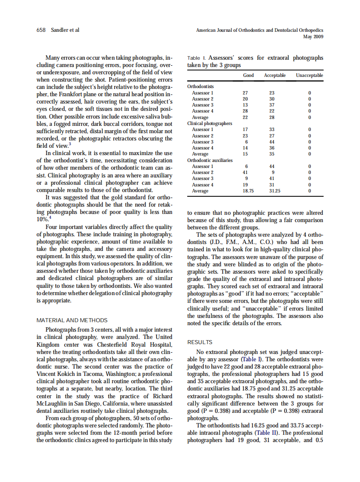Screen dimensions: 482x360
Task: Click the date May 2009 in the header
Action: coord(313,37)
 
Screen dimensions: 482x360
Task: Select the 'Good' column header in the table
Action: coord(248,75)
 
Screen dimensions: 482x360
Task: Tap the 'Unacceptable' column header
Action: coord(309,75)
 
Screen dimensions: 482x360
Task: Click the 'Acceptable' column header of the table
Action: coord(275,75)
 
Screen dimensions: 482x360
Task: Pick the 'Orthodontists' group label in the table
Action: coord(201,86)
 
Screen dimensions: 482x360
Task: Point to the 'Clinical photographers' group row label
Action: coord(210,123)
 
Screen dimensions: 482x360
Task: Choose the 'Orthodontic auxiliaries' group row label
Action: coord(210,160)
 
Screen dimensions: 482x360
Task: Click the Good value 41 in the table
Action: coord(245,172)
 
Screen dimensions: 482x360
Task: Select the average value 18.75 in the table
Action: coord(248,191)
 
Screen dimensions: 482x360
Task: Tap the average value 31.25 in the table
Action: coord(274,191)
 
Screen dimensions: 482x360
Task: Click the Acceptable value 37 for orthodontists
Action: coord(272,105)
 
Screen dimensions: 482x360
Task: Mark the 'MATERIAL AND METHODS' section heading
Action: coord(72,320)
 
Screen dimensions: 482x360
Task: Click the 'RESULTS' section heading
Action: coord(200,342)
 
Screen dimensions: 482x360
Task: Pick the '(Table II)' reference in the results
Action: coord(268,433)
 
